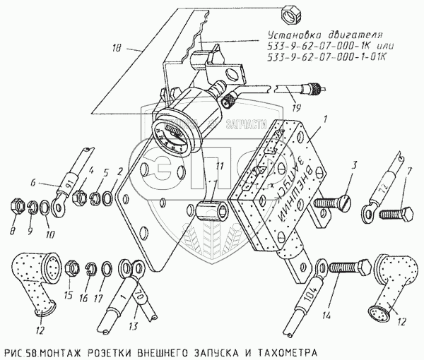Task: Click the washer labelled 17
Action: pyautogui.click(x=107, y=269)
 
